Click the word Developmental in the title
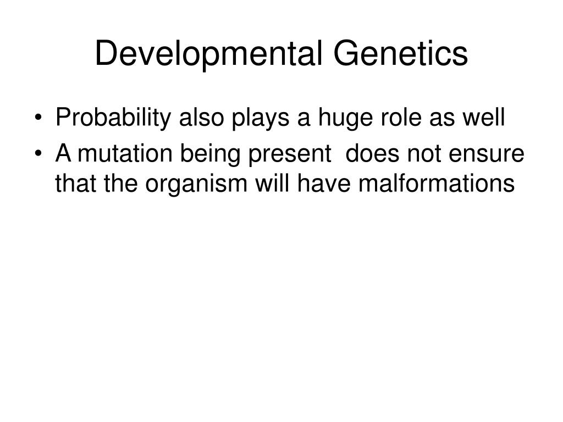(x=208, y=54)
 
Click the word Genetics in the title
(x=401, y=53)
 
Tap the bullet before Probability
(x=38, y=118)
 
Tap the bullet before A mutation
(x=38, y=154)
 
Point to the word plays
(x=260, y=119)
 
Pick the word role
(x=401, y=117)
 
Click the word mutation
(x=125, y=154)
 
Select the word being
(x=210, y=155)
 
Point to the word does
(x=372, y=154)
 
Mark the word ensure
(x=487, y=154)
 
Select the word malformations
(x=437, y=184)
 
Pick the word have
(x=324, y=184)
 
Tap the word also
(x=201, y=117)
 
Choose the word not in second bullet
(x=424, y=154)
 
